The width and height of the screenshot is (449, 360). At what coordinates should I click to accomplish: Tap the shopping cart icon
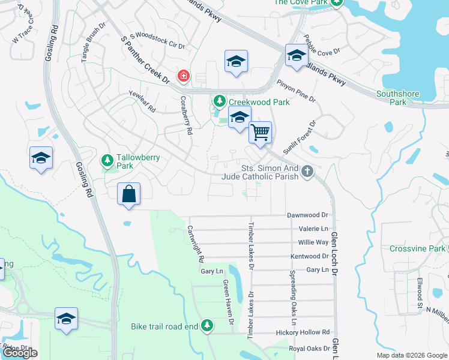pos(260,131)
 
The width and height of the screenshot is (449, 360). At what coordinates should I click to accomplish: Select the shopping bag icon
pos(128,194)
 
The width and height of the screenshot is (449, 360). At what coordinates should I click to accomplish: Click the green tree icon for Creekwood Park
pos(220,101)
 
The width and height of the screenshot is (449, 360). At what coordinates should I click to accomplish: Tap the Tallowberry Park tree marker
pos(107,160)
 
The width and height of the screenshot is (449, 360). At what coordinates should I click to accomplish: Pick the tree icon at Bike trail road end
pos(207,325)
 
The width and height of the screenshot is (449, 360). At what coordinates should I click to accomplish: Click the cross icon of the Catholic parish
pos(307,172)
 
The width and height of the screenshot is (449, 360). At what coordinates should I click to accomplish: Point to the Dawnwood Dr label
pos(309,215)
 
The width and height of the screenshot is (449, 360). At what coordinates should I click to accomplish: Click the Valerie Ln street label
pos(313,229)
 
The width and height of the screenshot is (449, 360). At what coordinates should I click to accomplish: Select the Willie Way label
pos(313,242)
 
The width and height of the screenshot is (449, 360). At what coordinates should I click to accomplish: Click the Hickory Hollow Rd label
pos(303,332)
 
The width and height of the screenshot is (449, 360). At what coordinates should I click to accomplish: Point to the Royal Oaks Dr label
pos(310,348)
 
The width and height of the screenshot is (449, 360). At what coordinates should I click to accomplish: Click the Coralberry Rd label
pos(185,114)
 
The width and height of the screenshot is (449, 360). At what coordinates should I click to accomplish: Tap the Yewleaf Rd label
pos(142,102)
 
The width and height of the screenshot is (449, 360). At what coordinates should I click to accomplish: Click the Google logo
pos(20,353)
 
